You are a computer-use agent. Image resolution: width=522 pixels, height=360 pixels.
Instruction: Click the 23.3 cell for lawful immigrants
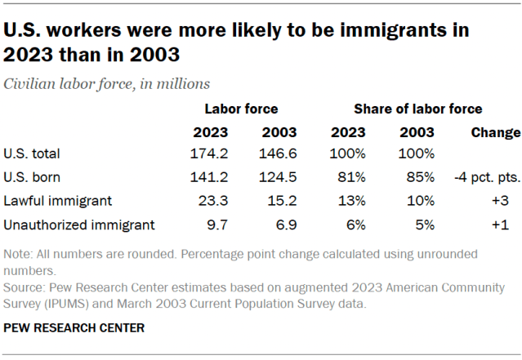pos(212,200)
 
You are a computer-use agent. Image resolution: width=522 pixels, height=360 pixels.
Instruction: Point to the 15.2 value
pos(279,200)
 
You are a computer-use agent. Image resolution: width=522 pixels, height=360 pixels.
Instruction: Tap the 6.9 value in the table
pos(283,224)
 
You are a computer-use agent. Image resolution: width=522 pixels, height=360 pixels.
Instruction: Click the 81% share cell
pos(355,176)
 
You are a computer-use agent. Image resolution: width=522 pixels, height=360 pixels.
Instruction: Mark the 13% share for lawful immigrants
pos(355,200)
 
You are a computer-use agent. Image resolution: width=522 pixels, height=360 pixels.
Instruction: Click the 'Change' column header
pos(495,132)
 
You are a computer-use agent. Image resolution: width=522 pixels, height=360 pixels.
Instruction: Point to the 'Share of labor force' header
pos(417,108)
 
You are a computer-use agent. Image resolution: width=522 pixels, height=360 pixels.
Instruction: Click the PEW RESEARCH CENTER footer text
pos(74,328)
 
